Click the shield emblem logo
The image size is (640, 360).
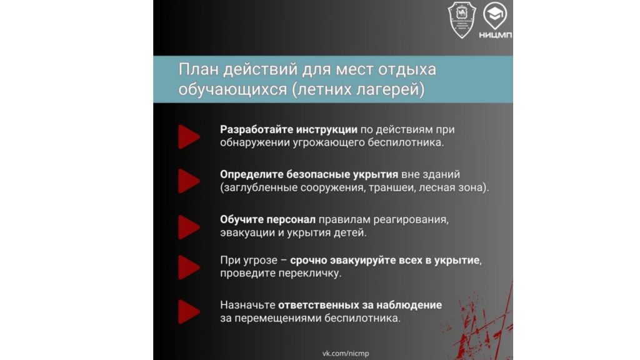[462, 20]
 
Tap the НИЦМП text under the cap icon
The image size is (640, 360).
[495, 35]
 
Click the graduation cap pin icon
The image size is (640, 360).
[495, 16]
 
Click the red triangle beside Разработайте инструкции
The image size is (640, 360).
[189, 137]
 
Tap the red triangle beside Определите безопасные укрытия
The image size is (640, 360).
[189, 181]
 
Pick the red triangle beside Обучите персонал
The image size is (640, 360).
[189, 227]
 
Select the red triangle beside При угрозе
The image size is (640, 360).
[189, 267]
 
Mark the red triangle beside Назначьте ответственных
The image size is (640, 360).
[189, 312]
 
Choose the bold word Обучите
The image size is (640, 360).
[241, 219]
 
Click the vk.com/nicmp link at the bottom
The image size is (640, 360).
[346, 354]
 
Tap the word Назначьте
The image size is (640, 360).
[247, 305]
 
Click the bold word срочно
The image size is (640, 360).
[308, 261]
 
